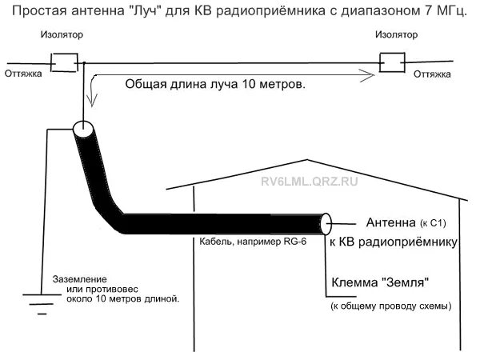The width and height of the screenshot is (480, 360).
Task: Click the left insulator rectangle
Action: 63,62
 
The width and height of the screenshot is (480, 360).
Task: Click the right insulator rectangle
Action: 391,62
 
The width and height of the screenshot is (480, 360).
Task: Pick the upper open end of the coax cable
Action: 82,128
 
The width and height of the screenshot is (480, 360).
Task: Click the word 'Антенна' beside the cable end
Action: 391,222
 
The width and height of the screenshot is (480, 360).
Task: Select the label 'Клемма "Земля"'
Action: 380,282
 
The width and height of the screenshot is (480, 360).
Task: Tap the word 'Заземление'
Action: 80,278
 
